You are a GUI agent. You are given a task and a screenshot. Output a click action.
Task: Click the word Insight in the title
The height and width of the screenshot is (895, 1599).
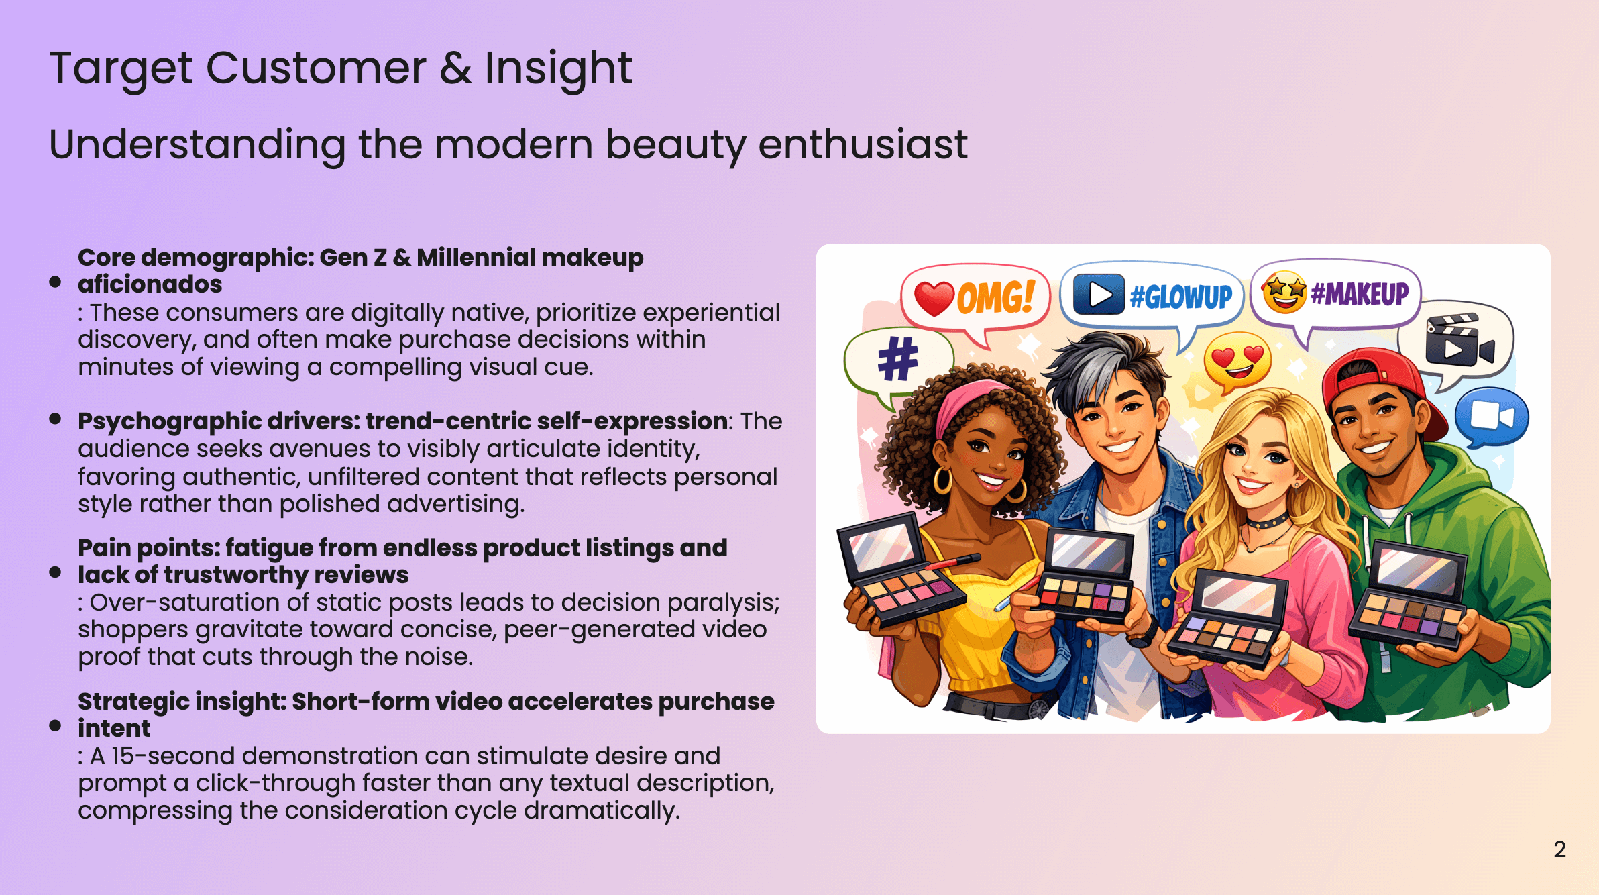point(558,68)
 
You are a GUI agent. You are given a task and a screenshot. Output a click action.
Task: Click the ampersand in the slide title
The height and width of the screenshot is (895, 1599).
point(455,68)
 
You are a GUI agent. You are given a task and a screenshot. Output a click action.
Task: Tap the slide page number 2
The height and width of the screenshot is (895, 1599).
point(1559,849)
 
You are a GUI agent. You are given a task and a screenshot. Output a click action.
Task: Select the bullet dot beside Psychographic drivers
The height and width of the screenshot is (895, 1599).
point(56,419)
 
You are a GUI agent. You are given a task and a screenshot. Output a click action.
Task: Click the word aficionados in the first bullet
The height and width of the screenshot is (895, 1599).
point(150,284)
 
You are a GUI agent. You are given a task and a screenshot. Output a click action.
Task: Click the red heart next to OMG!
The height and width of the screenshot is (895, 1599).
point(934,298)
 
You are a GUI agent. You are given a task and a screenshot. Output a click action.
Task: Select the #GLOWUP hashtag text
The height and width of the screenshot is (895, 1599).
point(1181,296)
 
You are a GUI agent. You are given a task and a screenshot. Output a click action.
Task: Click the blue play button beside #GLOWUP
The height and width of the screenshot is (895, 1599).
point(1099,295)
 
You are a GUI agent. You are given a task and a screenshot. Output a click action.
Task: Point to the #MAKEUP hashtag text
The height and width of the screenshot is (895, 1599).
point(1360,294)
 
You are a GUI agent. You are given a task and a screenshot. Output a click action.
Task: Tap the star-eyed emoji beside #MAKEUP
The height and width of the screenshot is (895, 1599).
point(1284,293)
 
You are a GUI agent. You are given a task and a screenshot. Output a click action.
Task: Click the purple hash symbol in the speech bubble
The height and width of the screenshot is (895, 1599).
point(897,359)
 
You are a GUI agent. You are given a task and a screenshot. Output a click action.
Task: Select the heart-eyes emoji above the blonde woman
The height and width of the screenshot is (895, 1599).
point(1237,362)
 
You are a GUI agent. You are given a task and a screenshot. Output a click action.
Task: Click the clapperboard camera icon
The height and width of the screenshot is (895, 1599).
point(1458,340)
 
